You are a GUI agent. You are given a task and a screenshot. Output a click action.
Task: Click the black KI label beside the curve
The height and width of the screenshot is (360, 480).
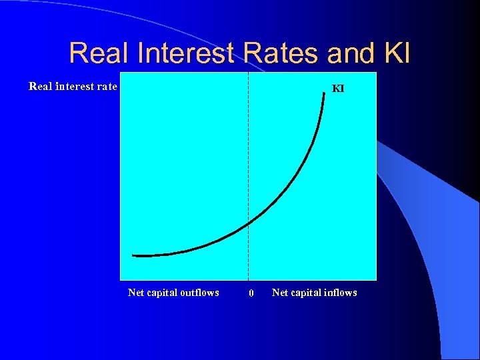point(338,88)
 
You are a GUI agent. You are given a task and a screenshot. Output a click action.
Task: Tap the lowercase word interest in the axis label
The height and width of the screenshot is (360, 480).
point(76,86)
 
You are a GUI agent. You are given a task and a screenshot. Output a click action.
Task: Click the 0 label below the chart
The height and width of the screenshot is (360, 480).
point(251,293)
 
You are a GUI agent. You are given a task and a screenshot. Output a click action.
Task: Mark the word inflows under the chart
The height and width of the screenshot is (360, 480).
point(340,293)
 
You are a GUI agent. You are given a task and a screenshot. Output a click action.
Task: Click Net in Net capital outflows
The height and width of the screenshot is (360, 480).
point(135,293)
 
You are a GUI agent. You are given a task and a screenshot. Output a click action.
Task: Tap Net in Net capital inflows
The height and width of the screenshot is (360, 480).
point(279,293)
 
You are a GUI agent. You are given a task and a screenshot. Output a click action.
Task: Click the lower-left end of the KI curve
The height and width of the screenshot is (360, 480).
point(133,255)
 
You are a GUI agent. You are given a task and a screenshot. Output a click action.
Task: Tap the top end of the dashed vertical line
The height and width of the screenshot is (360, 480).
point(248,73)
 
